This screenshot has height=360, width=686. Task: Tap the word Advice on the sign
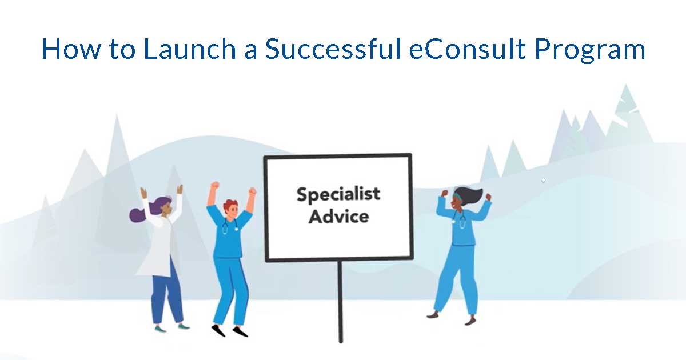pyautogui.click(x=338, y=217)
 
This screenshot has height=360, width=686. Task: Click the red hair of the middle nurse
pyautogui.click(x=230, y=204)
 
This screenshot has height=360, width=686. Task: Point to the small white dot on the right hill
pyautogui.click(x=543, y=180)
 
